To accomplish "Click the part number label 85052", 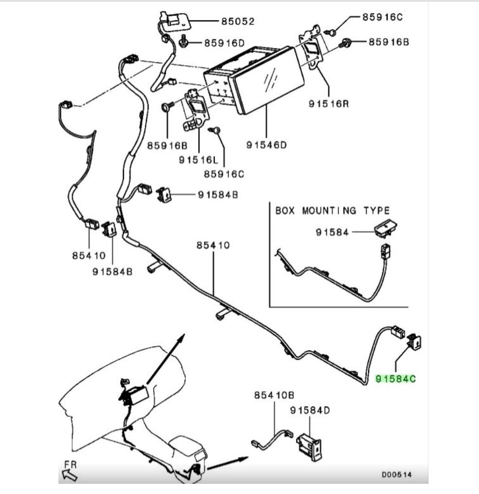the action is pyautogui.click(x=238, y=21).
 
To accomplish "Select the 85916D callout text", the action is pyautogui.click(x=224, y=43).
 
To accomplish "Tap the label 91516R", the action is pyautogui.click(x=329, y=104).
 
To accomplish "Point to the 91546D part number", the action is pyautogui.click(x=266, y=145).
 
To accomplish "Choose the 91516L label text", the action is pyautogui.click(x=198, y=160).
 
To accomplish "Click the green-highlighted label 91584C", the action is pyautogui.click(x=395, y=379).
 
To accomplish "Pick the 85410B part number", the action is pyautogui.click(x=274, y=395).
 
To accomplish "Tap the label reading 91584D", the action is pyautogui.click(x=310, y=410).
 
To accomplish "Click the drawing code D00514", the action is pyautogui.click(x=397, y=475).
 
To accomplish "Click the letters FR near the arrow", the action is pyautogui.click(x=71, y=464).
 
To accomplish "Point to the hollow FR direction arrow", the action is pyautogui.click(x=70, y=475).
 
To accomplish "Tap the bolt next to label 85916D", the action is pyautogui.click(x=183, y=42).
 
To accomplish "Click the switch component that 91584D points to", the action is pyautogui.click(x=309, y=447).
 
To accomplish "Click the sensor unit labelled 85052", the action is pyautogui.click(x=175, y=21).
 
